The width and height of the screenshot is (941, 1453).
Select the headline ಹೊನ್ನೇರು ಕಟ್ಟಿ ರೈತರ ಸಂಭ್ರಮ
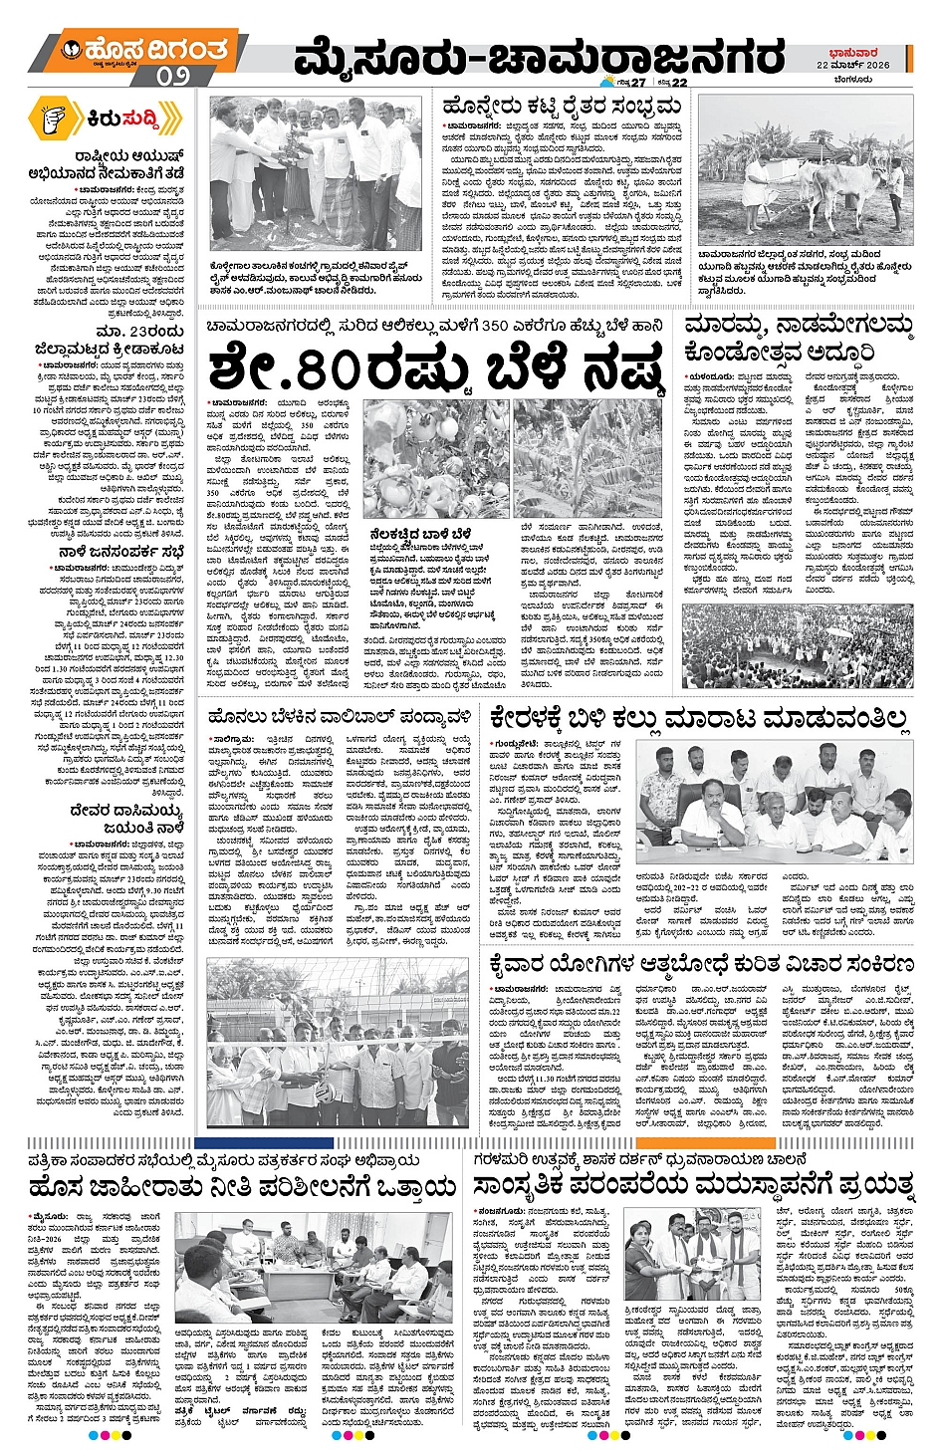click(x=563, y=106)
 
